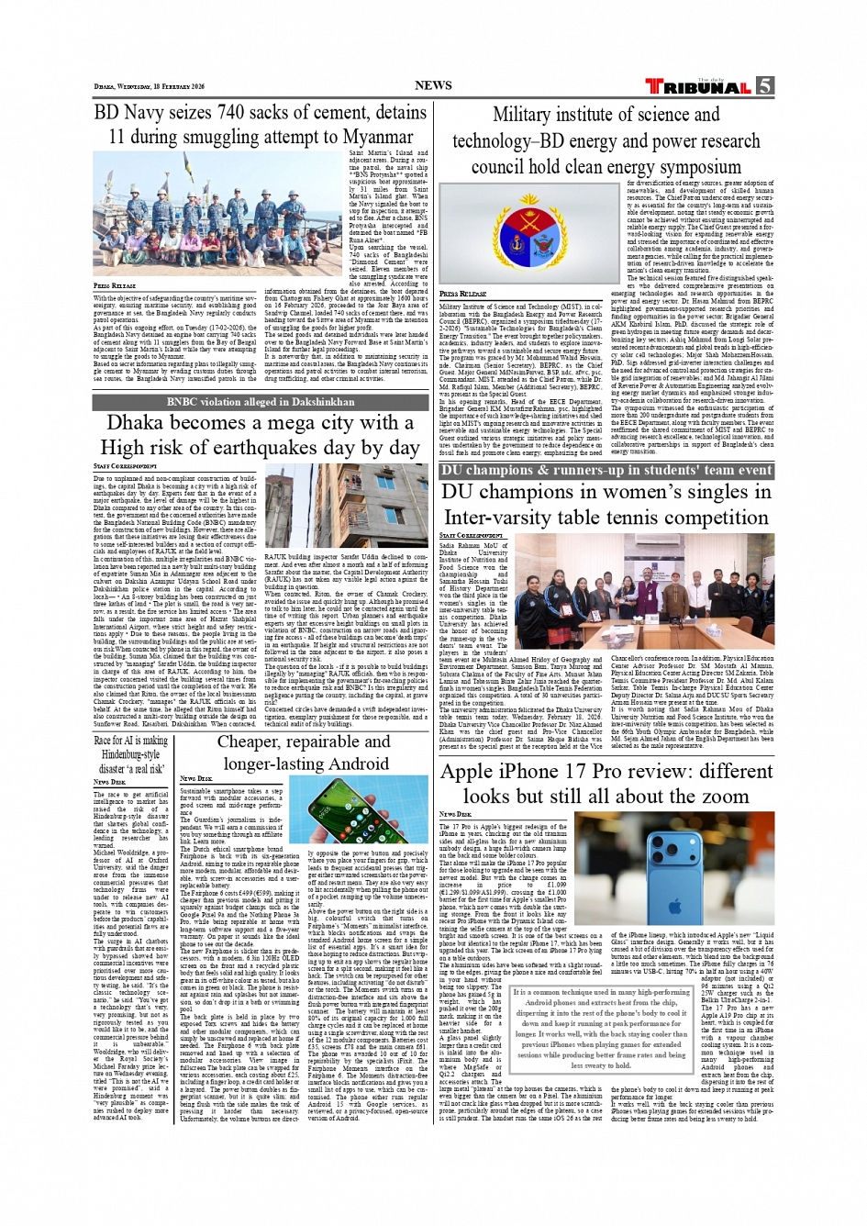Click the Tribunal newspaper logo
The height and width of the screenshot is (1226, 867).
[699, 86]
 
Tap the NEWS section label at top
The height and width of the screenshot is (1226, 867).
[433, 85]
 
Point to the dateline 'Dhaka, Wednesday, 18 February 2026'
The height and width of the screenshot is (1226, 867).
[149, 87]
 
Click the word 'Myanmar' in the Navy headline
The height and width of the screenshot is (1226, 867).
[364, 137]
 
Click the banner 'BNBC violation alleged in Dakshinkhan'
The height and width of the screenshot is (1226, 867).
[261, 402]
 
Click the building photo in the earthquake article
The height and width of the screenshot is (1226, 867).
[345, 506]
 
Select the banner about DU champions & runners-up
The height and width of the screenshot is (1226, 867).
[606, 470]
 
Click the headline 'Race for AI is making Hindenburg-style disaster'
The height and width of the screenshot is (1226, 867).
[131, 754]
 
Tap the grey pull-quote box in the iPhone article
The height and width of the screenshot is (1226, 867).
[600, 1030]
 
